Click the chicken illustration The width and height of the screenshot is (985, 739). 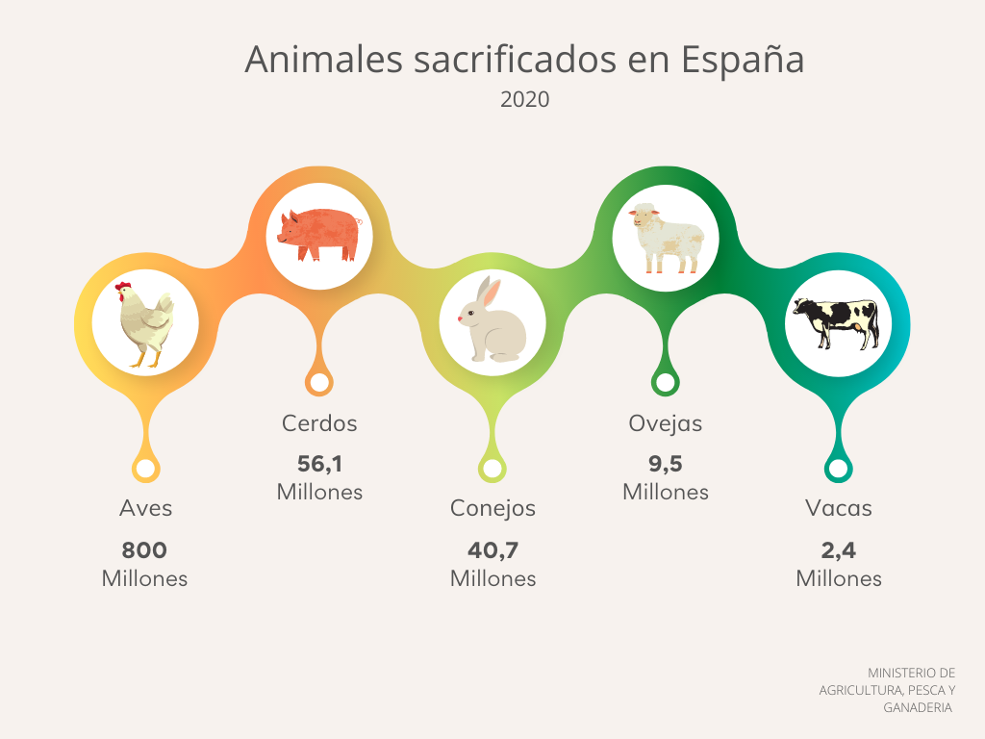[x=145, y=323]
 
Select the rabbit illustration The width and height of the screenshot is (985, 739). [x=492, y=321]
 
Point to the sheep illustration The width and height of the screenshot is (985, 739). [x=666, y=237]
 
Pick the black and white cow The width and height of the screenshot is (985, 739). [x=836, y=321]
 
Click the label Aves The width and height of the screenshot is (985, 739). [x=146, y=508]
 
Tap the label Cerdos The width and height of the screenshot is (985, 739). [x=319, y=422]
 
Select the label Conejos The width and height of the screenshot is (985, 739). [x=492, y=508]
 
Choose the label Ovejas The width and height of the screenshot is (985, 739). [x=666, y=422]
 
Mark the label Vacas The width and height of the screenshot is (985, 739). [x=839, y=508]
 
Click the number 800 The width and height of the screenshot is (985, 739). [x=144, y=550]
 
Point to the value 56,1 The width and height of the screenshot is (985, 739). [x=319, y=464]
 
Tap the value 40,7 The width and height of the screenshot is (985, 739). [x=492, y=550]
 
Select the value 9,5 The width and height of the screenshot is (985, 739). [x=666, y=464]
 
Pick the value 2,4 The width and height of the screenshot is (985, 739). [x=839, y=550]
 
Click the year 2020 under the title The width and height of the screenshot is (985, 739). [x=525, y=99]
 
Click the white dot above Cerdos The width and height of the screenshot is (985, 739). [x=319, y=383]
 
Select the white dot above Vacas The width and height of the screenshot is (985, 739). [x=838, y=470]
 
